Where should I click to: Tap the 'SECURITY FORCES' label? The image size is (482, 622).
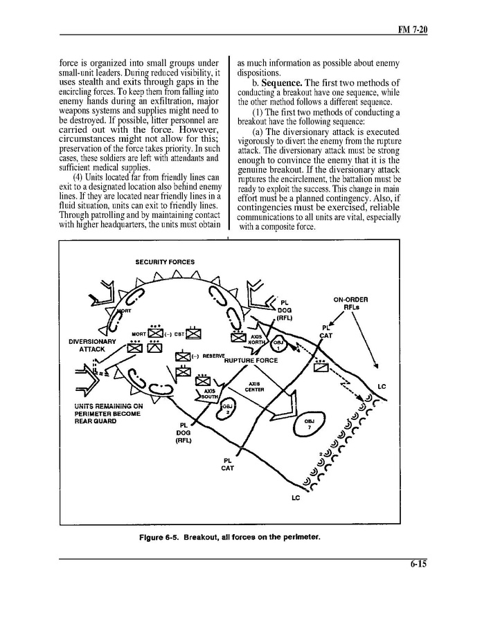click(165, 262)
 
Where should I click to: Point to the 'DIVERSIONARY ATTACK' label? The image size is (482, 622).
click(92, 345)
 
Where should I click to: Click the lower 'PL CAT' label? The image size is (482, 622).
click(227, 464)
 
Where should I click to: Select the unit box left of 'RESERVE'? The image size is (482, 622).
click(182, 357)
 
